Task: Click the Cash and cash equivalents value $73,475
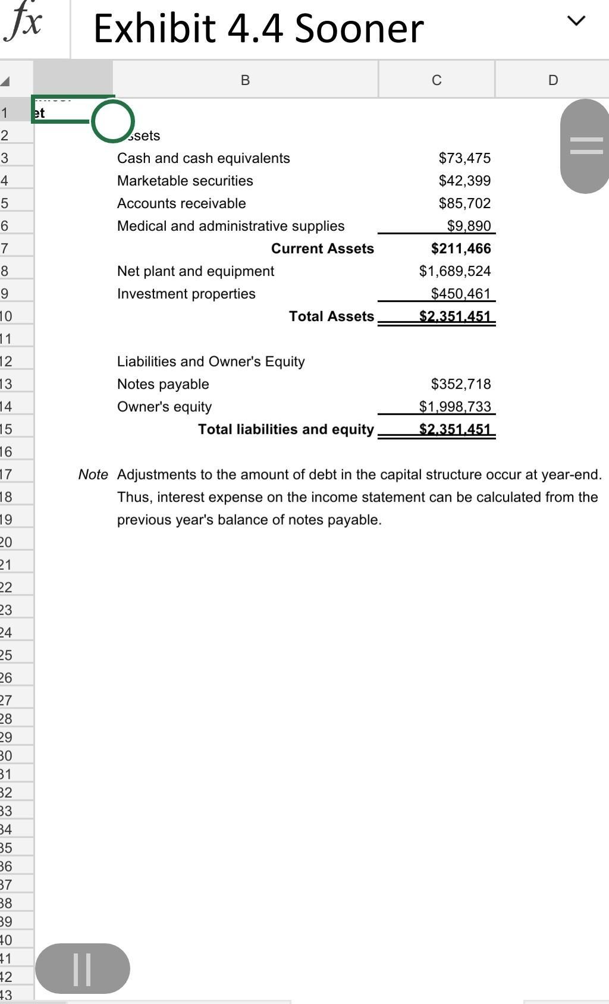click(464, 158)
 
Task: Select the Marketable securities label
click(185, 181)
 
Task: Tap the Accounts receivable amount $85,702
click(464, 203)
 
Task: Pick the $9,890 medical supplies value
click(469, 226)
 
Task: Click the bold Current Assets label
click(322, 249)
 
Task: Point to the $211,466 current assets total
click(461, 249)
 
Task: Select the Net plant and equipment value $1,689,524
click(455, 271)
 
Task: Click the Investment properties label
click(186, 294)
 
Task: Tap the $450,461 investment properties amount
click(461, 294)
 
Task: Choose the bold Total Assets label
click(331, 316)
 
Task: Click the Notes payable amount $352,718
click(461, 384)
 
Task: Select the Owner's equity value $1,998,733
click(455, 407)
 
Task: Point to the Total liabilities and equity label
click(286, 429)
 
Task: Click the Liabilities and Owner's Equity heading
click(211, 362)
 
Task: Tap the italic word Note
click(93, 475)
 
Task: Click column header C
click(437, 80)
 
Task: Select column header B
click(245, 80)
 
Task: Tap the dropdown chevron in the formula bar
click(576, 21)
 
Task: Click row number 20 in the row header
click(6, 542)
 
